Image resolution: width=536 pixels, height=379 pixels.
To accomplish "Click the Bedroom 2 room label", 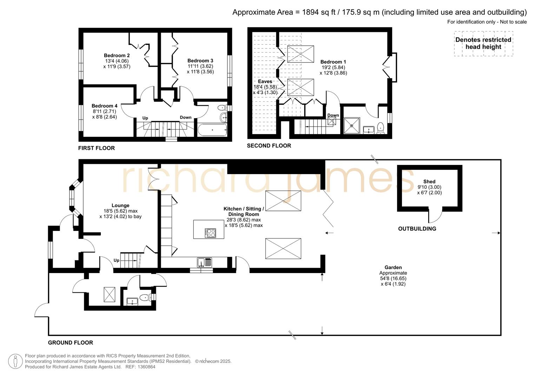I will tap(117, 55).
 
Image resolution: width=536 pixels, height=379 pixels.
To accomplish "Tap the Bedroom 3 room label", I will tap(200, 61).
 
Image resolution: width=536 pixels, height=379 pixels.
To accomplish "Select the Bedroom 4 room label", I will tap(104, 106).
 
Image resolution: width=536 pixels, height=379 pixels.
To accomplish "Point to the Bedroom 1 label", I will tap(333, 62).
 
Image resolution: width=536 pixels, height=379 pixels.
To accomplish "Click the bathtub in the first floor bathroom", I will tap(212, 130).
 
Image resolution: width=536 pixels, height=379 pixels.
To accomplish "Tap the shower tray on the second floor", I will tap(351, 126).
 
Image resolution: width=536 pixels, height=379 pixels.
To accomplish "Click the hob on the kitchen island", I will tap(211, 233).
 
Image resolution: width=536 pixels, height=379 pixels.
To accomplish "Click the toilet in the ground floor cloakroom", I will tap(145, 298).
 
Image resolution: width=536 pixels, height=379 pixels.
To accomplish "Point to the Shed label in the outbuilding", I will tap(429, 181).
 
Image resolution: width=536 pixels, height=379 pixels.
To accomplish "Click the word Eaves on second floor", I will tap(265, 81).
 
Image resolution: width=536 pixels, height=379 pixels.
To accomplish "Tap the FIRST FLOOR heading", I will tap(97, 148).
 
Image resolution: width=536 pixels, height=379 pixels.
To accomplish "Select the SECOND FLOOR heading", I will tap(269, 146).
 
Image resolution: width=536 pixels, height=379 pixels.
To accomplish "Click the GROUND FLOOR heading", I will tap(71, 343).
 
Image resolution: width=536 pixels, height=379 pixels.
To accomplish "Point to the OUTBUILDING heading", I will tap(417, 229).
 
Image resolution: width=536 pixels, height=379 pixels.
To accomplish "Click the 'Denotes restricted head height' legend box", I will tap(483, 44).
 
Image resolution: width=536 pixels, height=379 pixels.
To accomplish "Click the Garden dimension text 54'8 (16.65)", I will tap(393, 278).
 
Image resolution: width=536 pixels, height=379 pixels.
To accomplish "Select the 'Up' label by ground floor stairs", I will tap(117, 260).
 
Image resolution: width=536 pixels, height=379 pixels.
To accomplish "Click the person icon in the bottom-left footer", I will tap(15, 361).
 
